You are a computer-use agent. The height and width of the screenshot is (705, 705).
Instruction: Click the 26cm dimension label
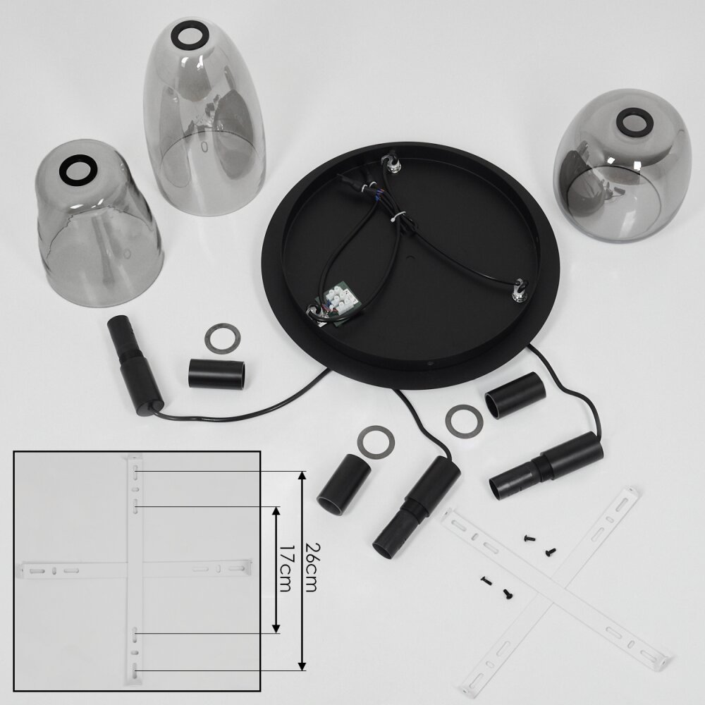click(312, 568)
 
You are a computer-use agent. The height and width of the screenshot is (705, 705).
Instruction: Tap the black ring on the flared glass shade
click(78, 168)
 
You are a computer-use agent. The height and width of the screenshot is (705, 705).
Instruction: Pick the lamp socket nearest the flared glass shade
click(134, 364)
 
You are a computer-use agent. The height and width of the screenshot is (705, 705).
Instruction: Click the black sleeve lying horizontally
click(216, 373)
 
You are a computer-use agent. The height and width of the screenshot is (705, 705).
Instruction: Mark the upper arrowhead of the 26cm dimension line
click(302, 476)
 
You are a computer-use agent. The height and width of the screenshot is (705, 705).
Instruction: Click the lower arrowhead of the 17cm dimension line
click(276, 628)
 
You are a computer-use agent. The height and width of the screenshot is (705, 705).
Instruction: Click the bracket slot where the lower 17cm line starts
click(135, 633)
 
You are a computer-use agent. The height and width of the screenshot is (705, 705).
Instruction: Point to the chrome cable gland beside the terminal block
click(313, 311)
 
